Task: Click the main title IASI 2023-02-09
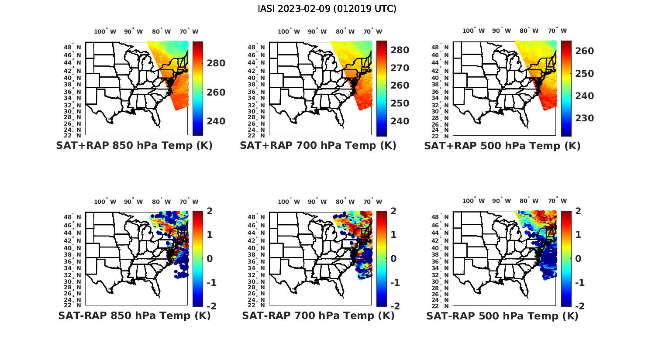click(x=327, y=9)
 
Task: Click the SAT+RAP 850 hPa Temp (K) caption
click(x=134, y=146)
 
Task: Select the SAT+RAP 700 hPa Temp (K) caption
click(x=318, y=146)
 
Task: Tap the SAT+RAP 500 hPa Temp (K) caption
click(x=502, y=146)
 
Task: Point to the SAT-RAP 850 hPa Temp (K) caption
click(x=134, y=316)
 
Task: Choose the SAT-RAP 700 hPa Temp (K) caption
click(x=318, y=316)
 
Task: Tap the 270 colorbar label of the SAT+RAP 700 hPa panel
click(x=400, y=68)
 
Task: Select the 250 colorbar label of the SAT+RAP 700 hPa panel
click(x=400, y=103)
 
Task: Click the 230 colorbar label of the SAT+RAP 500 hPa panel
click(x=584, y=118)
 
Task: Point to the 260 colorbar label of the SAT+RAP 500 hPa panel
click(x=584, y=51)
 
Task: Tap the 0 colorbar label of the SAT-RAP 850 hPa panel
click(x=210, y=259)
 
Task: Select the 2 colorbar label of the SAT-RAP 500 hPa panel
click(x=580, y=211)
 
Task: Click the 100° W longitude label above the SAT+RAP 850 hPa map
click(x=105, y=31)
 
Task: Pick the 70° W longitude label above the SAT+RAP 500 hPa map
click(x=557, y=31)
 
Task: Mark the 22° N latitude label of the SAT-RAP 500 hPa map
click(x=441, y=305)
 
